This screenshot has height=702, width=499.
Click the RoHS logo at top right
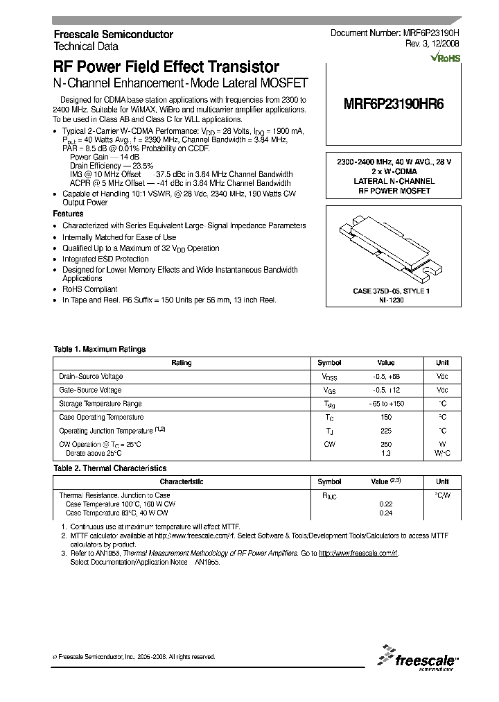pyautogui.click(x=444, y=58)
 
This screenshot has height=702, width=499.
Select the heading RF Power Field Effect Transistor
pyautogui.click(x=166, y=67)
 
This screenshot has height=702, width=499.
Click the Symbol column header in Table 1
pyautogui.click(x=329, y=363)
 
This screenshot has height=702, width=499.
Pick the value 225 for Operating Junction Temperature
pyautogui.click(x=386, y=431)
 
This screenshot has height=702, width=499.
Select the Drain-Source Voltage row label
pyautogui.click(x=91, y=377)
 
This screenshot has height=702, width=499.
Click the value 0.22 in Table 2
pyautogui.click(x=386, y=504)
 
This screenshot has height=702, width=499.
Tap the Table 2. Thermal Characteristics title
pyautogui.click(x=110, y=469)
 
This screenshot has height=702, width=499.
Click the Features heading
pyautogui.click(x=69, y=214)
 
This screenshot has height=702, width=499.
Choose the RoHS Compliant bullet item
pyautogui.click(x=90, y=289)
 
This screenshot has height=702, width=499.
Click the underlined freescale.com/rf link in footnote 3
pyautogui.click(x=359, y=554)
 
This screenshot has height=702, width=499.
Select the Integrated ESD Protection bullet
pyautogui.click(x=105, y=259)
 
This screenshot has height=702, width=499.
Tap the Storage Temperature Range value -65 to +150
pyautogui.click(x=386, y=404)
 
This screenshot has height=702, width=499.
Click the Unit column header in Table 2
pyautogui.click(x=442, y=481)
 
